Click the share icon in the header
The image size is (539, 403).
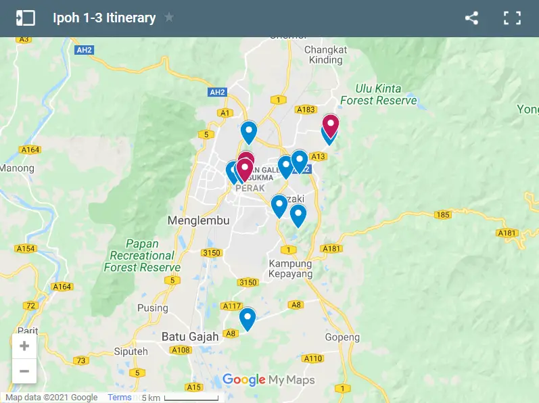pos(471,18)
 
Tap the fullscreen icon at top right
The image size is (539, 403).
pos(511,18)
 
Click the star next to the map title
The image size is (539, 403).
pos(169,18)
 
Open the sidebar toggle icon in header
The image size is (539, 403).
pos(25,18)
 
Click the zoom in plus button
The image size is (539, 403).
pos(24,346)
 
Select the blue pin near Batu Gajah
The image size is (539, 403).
pos(248,318)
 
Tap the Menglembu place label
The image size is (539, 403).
pos(198,220)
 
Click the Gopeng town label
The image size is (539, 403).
pos(342,337)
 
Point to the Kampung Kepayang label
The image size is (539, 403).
pos(291,269)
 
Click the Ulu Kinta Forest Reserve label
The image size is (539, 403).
pos(379,95)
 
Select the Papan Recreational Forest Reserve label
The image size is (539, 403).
pos(142,256)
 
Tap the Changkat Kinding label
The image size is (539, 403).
pos(325,55)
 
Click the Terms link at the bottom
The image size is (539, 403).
pos(120,398)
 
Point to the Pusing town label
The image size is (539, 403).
pos(152,308)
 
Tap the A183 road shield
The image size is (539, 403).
pos(306,110)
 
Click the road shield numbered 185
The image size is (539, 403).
pos(443,215)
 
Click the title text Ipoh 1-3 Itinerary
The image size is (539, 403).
pos(104,18)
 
